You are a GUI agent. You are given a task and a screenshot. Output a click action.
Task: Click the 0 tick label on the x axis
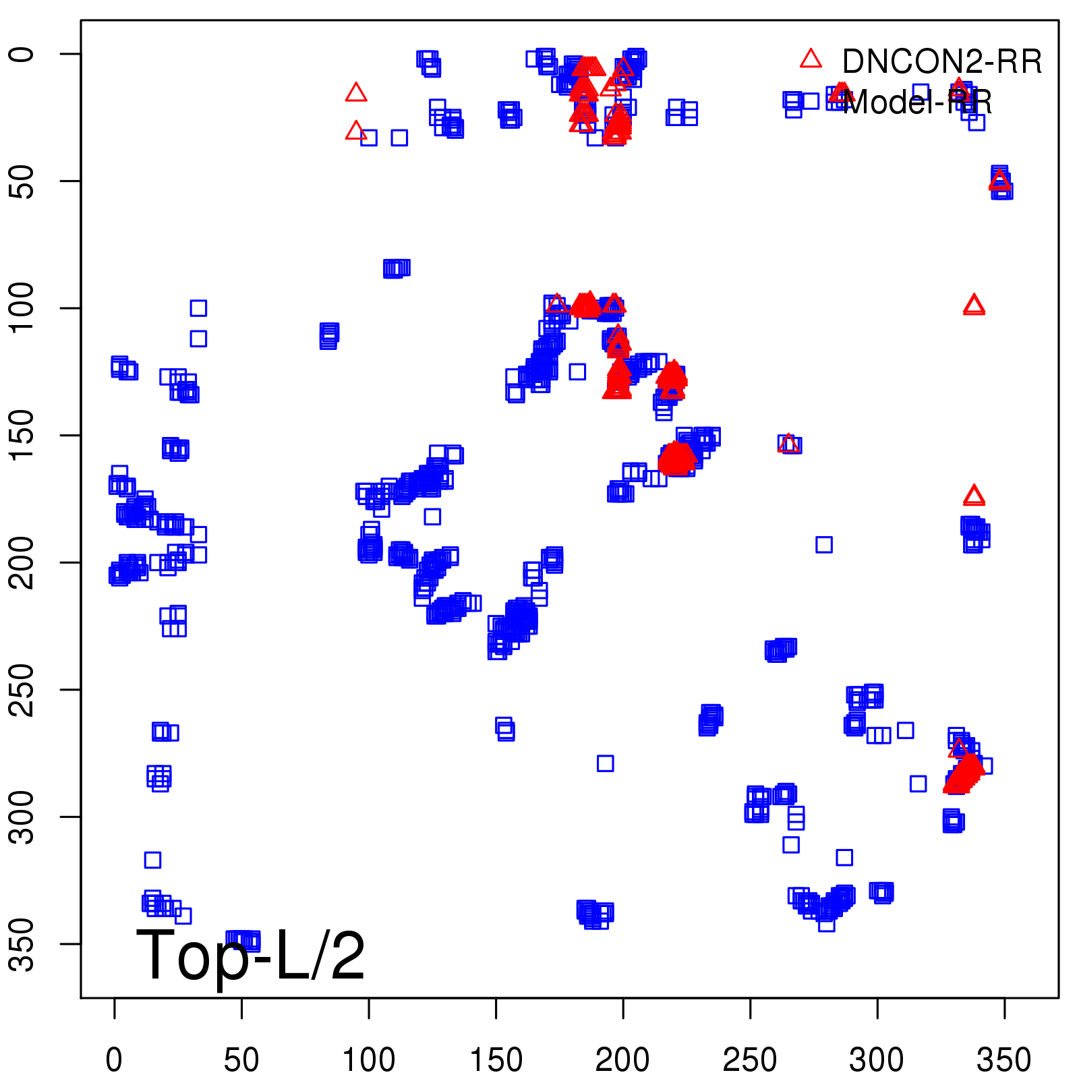pos(114,1060)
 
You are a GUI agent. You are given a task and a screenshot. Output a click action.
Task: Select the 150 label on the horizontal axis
pos(496,1060)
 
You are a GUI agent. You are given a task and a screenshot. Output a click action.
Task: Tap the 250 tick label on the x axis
pos(750,1060)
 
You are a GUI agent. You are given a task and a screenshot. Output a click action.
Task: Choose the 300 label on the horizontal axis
pos(877,1060)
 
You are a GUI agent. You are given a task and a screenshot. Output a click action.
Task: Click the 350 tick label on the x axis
pos(1004,1060)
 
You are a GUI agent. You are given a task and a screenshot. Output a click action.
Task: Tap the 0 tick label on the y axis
pos(22,54)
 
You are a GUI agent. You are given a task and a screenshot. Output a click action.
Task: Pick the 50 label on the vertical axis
pos(22,181)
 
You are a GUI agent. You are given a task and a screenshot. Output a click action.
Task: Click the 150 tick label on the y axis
pos(22,435)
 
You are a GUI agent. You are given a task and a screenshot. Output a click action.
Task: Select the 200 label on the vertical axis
pos(22,562)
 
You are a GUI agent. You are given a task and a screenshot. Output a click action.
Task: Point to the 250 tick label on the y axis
pos(22,689)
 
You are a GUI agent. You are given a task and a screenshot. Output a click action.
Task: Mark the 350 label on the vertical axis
pos(22,943)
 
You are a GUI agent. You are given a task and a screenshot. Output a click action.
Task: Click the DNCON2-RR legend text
pos(942,62)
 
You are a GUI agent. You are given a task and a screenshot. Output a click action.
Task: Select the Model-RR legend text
pos(917,103)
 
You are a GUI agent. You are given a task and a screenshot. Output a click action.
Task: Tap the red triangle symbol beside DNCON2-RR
pos(811,59)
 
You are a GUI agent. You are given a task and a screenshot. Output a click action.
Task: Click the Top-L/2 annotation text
pos(251,955)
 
